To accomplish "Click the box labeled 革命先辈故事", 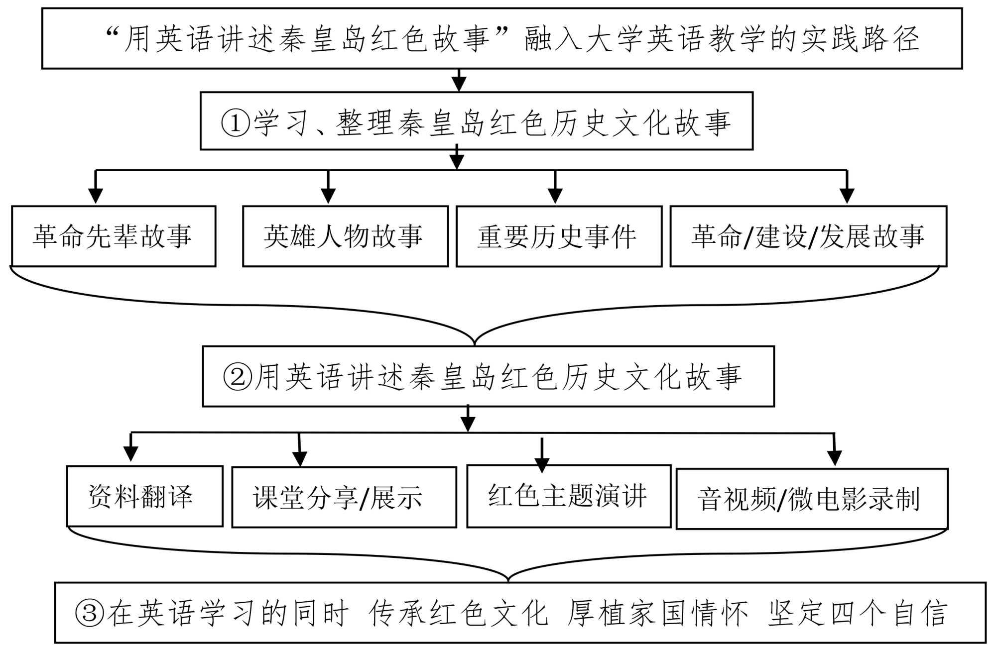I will point(114,236).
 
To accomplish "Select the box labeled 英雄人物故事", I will point(345,236).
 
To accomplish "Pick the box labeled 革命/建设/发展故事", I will point(808,236).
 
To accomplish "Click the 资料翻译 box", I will point(144,496).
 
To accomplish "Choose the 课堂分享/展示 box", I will point(344,497).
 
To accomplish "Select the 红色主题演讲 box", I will point(568,496).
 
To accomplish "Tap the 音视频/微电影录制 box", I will point(812,499).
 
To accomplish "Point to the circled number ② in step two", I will point(238,377).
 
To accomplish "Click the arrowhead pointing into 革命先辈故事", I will point(96,195).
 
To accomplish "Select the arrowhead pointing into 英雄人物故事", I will point(328,195).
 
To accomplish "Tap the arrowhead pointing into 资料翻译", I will point(130,453).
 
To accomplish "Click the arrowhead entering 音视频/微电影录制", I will point(835,457).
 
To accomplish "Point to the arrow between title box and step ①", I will point(459,83).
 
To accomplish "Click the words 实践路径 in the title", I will point(860,39).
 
